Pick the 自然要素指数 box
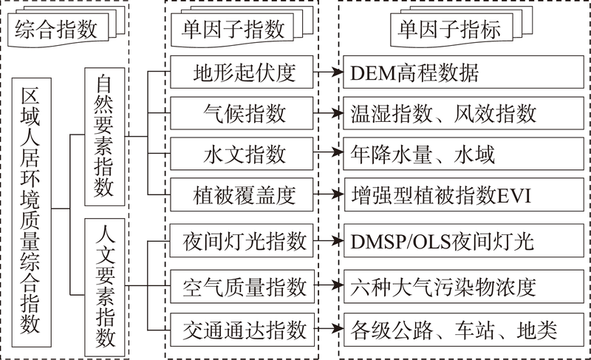click(105, 137)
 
